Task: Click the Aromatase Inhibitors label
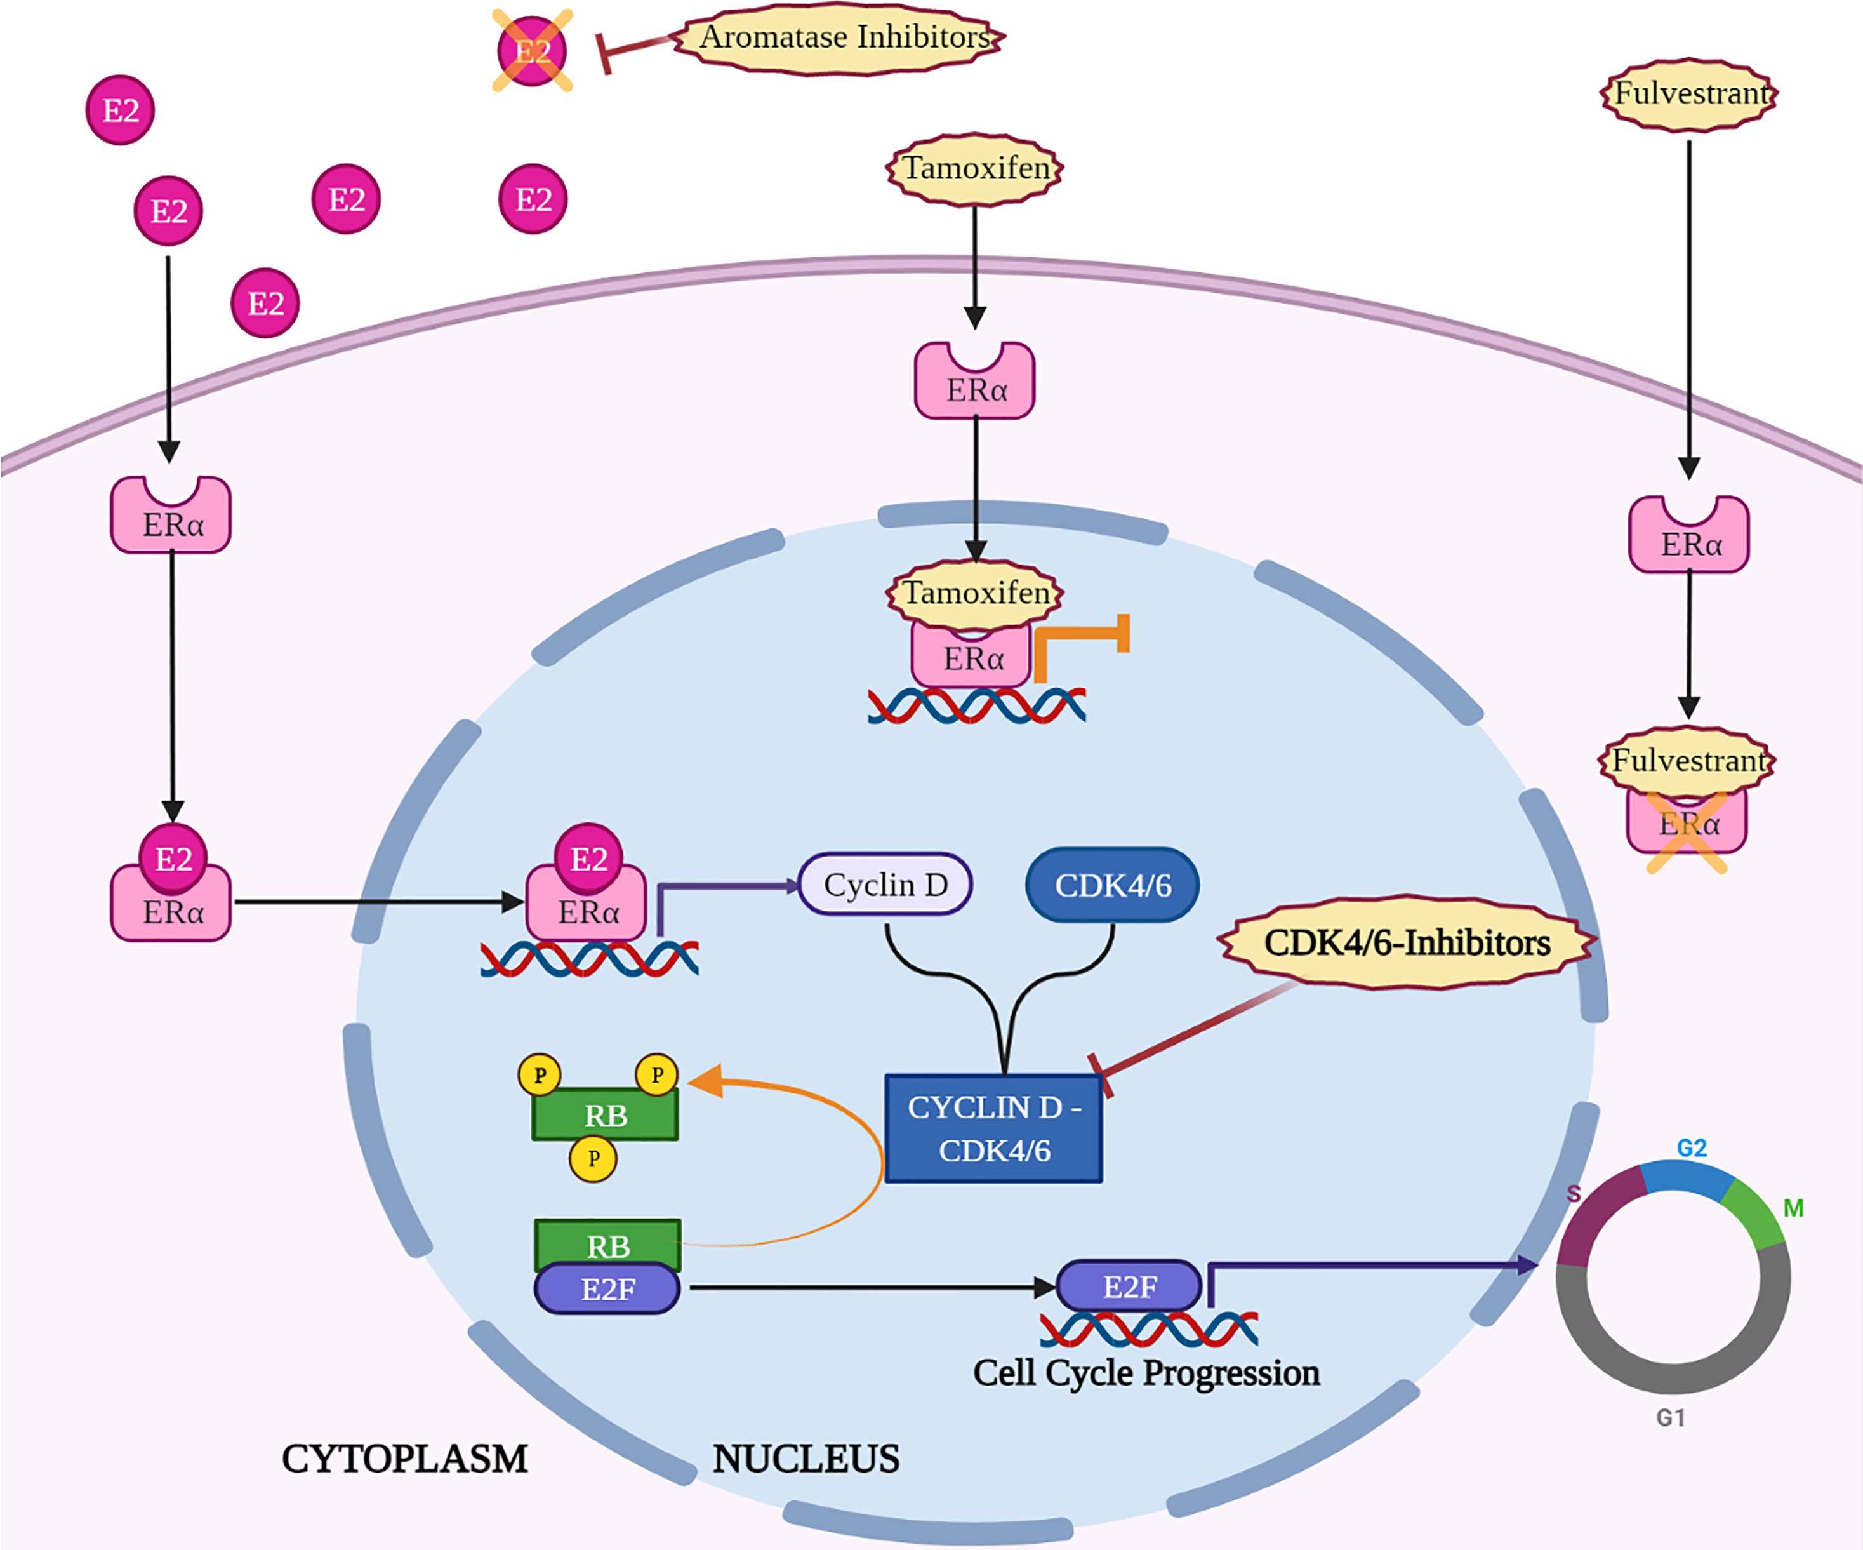843,38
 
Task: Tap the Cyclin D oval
885,885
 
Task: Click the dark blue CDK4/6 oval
1113,885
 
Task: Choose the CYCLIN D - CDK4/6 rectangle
993,1128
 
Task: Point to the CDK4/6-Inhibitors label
1407,943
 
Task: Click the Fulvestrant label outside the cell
1689,94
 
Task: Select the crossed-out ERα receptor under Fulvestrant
1687,825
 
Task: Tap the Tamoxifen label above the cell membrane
975,168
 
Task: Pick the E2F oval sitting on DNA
1129,1286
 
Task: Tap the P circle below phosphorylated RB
593,1159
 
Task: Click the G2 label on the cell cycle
1691,1148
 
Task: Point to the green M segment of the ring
1754,1213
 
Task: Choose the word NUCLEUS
806,1459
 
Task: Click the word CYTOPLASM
404,1459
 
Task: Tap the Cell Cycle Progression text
1146,1373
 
